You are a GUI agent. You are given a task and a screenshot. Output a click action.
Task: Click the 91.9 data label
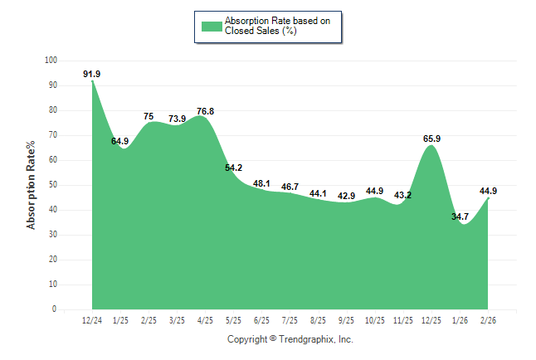(91, 74)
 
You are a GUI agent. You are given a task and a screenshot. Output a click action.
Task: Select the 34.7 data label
(460, 216)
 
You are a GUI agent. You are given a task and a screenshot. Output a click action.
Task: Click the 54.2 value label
(234, 168)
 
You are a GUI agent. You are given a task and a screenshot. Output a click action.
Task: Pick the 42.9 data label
(346, 196)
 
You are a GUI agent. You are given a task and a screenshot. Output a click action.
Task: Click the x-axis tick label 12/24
(91, 319)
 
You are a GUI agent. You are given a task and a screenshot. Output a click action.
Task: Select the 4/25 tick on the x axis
(205, 319)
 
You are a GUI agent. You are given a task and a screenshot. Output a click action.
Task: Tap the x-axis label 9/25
(347, 319)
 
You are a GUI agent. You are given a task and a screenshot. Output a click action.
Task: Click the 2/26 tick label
(489, 319)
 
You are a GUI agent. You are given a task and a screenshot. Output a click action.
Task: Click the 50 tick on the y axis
(53, 185)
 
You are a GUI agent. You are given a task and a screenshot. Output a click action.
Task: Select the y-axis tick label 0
(56, 309)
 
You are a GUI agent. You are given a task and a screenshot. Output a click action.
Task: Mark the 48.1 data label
(262, 183)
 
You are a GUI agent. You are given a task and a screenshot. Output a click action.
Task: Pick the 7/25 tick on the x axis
(290, 319)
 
